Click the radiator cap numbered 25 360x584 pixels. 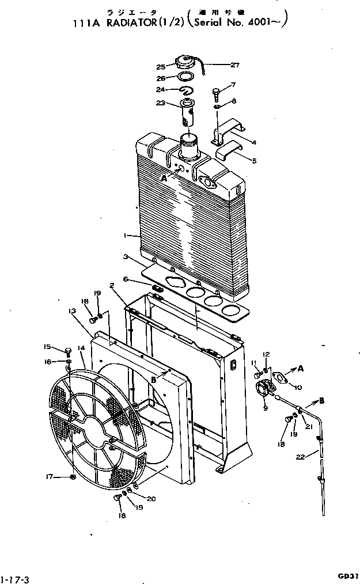tap(188, 63)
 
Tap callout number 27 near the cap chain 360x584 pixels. tap(218, 65)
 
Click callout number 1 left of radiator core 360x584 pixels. tap(125, 236)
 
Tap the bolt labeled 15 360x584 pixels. tap(67, 349)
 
